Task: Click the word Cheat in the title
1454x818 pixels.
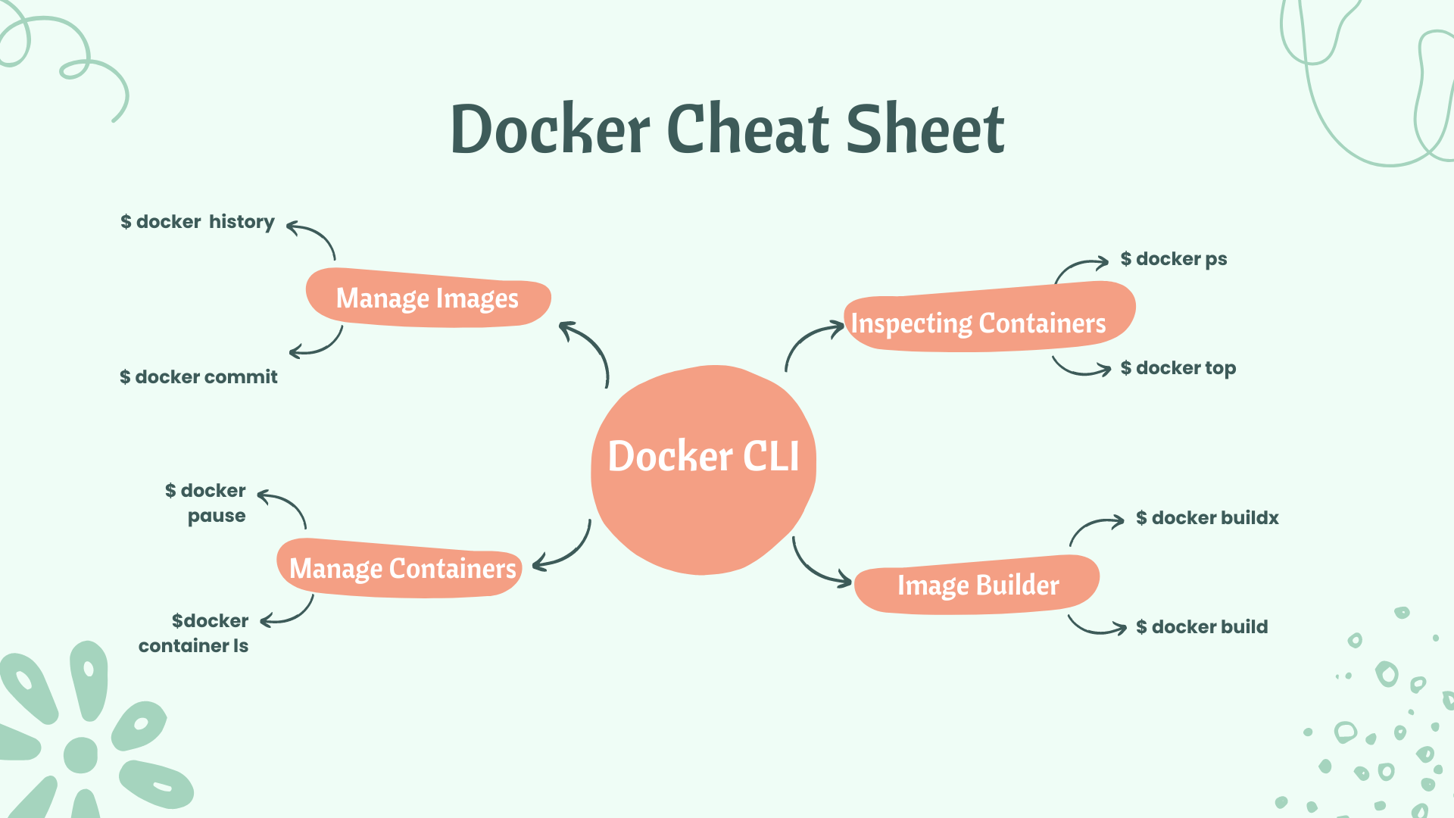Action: point(749,130)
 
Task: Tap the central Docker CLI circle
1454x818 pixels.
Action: point(704,470)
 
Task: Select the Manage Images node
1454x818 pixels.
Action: point(428,298)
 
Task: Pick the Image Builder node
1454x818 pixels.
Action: point(978,585)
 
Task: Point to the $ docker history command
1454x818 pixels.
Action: point(198,222)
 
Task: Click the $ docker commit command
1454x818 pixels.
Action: point(199,377)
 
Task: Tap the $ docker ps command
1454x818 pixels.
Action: point(1174,259)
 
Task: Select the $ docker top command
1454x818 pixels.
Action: point(1178,368)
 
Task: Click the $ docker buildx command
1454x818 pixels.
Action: point(1207,518)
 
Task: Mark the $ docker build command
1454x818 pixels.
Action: point(1202,627)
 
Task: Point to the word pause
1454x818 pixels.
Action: point(217,516)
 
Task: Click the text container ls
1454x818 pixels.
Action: point(193,646)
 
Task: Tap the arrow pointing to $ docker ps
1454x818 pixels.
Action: point(1079,267)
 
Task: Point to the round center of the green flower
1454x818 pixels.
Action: point(81,754)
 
